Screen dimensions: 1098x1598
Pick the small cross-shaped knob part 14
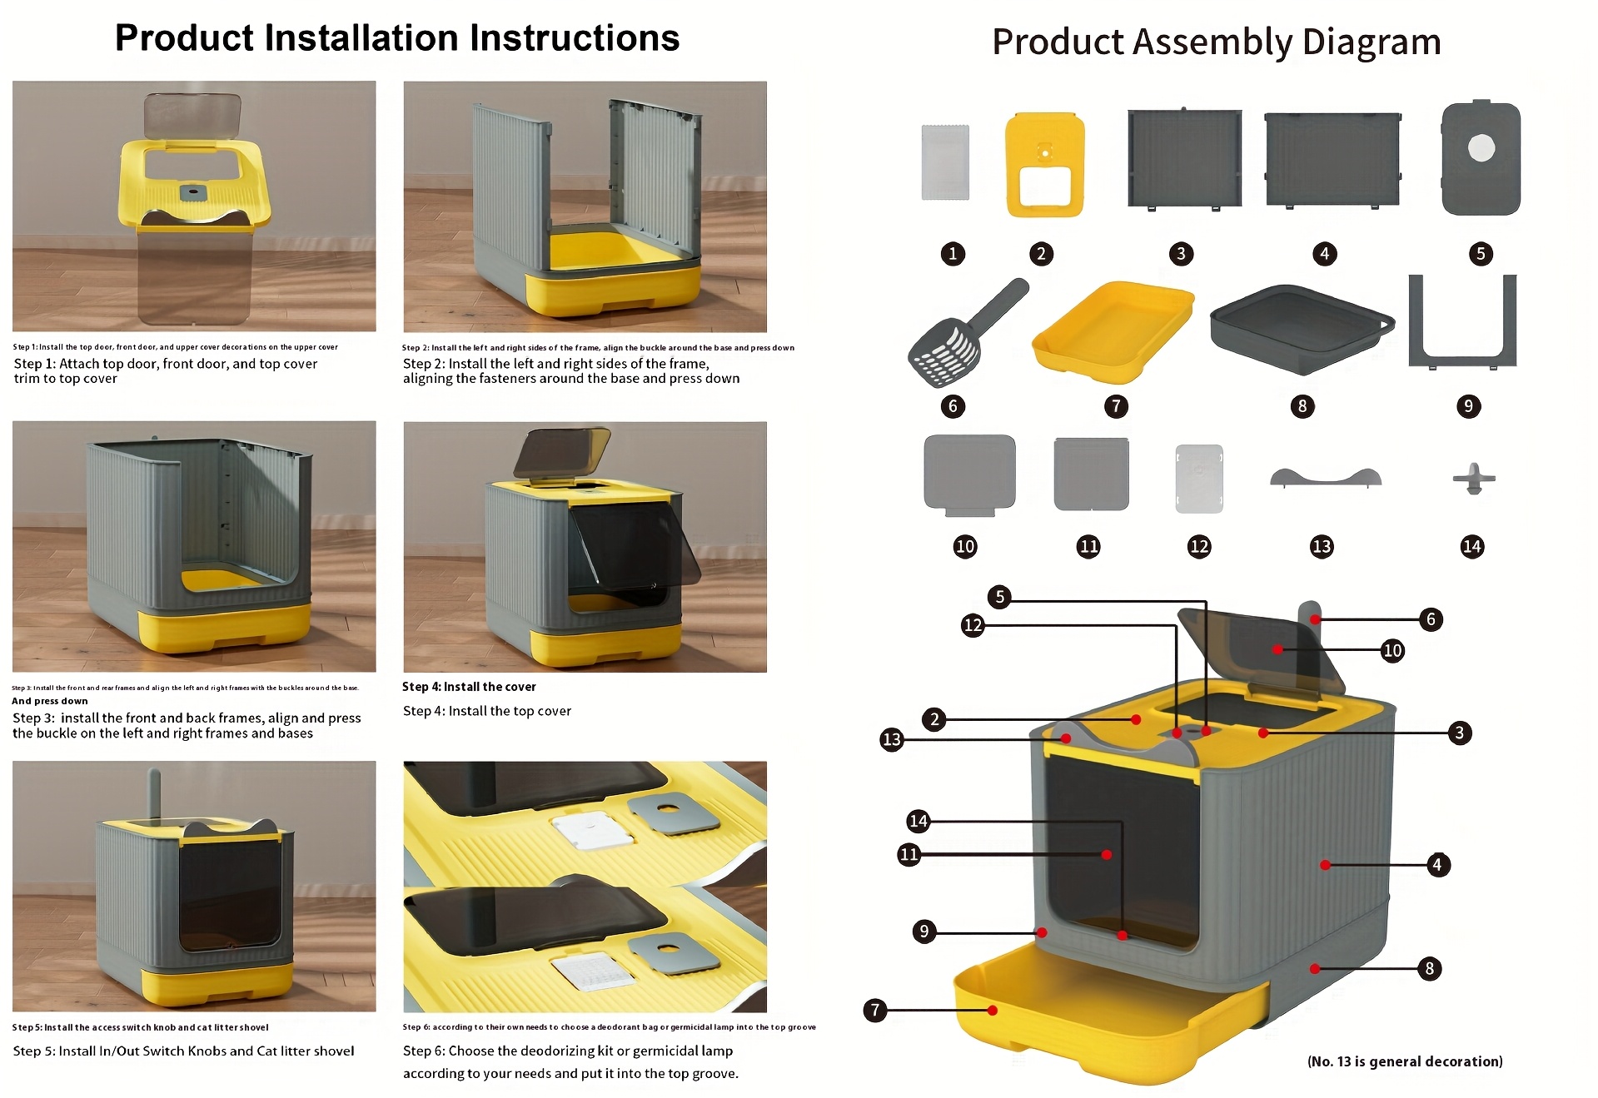pyautogui.click(x=1473, y=479)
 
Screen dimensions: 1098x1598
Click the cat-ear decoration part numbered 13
pyautogui.click(x=1325, y=477)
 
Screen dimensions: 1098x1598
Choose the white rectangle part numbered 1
pyautogui.click(x=945, y=162)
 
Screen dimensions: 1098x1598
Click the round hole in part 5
pyautogui.click(x=1481, y=149)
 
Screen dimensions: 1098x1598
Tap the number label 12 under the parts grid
pyautogui.click(x=1198, y=546)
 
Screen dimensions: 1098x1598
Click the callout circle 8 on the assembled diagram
pyautogui.click(x=1429, y=968)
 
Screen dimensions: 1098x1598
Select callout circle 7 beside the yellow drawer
pyautogui.click(x=875, y=1010)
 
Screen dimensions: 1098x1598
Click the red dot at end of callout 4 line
pyautogui.click(x=1325, y=865)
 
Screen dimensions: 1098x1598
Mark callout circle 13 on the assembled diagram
pyautogui.click(x=891, y=739)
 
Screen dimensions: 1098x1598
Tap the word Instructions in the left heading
pyautogui.click(x=575, y=38)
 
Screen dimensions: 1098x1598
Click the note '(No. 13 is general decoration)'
pyautogui.click(x=1404, y=1061)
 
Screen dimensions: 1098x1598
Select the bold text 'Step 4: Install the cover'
pyautogui.click(x=469, y=687)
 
